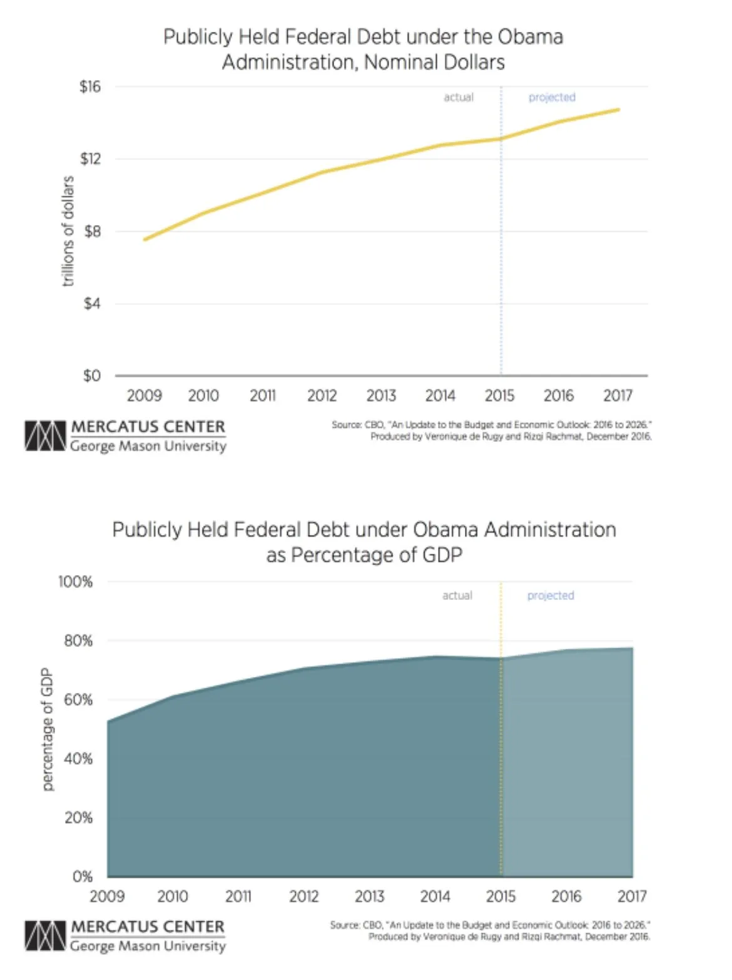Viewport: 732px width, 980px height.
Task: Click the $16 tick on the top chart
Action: tap(90, 86)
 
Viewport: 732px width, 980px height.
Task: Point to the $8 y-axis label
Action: tap(92, 231)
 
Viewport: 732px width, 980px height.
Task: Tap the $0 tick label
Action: tap(91, 376)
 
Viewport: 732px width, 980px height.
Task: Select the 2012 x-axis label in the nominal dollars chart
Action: tap(322, 396)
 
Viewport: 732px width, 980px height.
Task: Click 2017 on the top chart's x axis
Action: tap(618, 396)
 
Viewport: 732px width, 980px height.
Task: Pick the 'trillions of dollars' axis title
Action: tap(68, 231)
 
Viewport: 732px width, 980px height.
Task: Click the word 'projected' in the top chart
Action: tap(552, 97)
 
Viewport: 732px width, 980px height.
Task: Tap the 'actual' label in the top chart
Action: tap(459, 97)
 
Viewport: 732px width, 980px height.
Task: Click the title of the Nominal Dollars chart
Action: tap(363, 49)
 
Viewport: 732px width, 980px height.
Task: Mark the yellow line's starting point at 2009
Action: tap(145, 239)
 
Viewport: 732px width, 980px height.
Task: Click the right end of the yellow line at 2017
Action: tap(618, 110)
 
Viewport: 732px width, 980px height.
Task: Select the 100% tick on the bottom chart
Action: tap(76, 582)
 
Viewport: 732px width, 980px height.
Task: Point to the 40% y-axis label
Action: tap(78, 759)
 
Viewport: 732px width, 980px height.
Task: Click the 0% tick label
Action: tap(82, 876)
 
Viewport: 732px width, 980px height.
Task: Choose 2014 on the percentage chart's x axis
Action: tap(435, 896)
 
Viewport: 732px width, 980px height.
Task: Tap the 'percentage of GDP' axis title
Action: tap(47, 729)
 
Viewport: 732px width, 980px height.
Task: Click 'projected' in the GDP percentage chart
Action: tap(551, 596)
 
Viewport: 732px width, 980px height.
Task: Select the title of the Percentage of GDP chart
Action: tap(364, 542)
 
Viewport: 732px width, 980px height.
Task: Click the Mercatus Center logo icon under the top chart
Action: tap(45, 436)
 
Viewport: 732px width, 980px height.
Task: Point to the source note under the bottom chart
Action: tap(491, 930)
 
